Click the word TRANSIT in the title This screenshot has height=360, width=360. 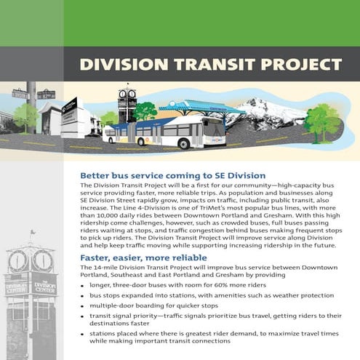point(214,65)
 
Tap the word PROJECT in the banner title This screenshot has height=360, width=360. point(301,65)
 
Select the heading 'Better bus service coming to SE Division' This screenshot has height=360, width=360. point(173,175)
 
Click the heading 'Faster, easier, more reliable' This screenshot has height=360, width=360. point(143,257)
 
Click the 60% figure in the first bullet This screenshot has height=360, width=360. point(221,285)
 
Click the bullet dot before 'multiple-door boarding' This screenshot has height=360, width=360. point(82,306)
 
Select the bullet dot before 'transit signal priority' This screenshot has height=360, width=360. point(82,316)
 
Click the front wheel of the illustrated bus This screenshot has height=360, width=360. point(184,144)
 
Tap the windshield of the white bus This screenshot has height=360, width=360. point(215,129)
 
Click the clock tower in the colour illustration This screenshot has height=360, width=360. point(127,104)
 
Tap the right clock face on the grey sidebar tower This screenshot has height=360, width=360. point(43,260)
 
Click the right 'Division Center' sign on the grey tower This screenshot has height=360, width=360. point(44,288)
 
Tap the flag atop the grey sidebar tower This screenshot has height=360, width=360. point(32,232)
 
